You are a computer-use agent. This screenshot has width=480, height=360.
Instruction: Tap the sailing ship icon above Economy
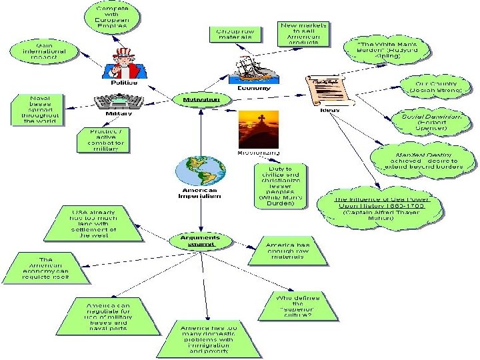[251, 69]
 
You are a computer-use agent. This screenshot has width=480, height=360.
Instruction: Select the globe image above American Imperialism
[197, 171]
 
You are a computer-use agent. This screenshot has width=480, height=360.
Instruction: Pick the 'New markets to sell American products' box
[305, 33]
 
